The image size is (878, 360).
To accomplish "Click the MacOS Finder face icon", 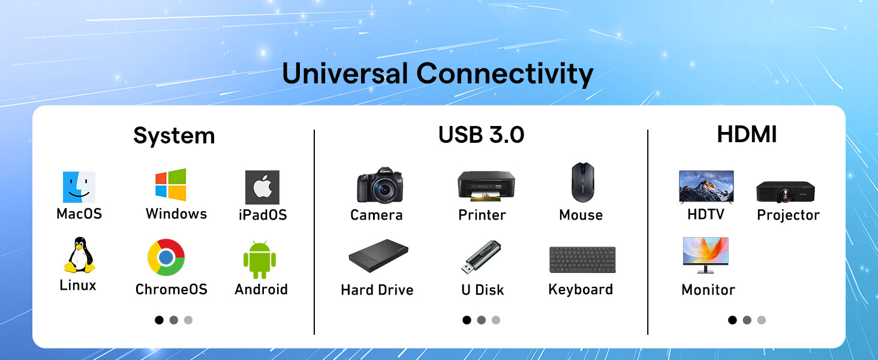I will tap(79, 187).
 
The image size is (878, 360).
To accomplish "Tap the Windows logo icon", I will tap(171, 184).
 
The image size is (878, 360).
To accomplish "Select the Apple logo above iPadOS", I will tap(262, 187).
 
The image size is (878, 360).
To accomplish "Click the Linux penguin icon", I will tap(79, 256).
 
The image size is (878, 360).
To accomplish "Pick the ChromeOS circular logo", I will tap(166, 258).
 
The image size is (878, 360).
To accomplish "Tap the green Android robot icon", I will tap(260, 259).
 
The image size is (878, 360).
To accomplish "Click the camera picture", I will tap(380, 185).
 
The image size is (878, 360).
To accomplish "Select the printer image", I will tap(486, 185).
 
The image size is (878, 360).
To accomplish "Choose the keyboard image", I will tap(582, 259).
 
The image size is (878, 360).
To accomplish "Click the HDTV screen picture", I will tap(706, 186).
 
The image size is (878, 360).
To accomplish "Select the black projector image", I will tap(785, 191).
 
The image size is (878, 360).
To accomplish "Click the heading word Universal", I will tap(345, 74).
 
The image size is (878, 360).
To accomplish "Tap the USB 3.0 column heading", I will tap(481, 135).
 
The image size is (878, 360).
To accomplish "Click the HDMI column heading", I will tap(747, 135).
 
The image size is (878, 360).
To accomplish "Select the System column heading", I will tap(174, 136).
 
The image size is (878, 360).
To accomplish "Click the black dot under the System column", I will tap(159, 320).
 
